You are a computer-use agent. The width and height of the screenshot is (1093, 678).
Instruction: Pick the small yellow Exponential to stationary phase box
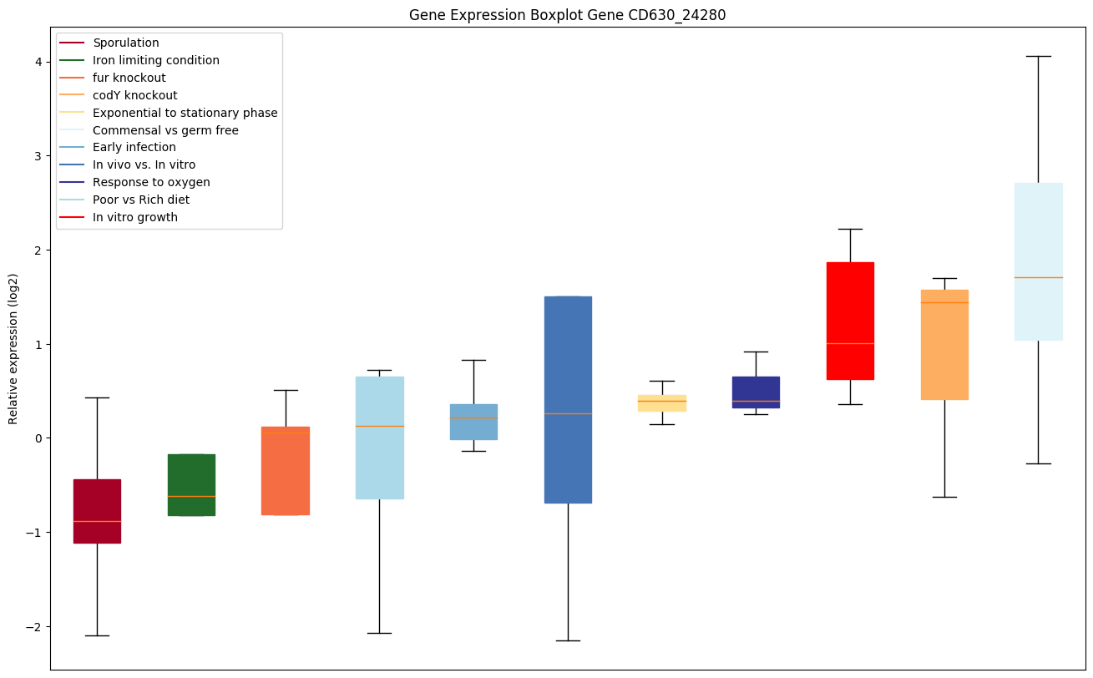click(662, 402)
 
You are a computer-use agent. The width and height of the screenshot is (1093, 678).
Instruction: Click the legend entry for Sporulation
click(126, 43)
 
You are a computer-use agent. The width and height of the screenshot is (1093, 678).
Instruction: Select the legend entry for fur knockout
click(129, 78)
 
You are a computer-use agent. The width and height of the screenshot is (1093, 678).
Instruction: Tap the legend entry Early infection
click(134, 148)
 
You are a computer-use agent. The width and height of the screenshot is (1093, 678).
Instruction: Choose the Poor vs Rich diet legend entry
click(141, 200)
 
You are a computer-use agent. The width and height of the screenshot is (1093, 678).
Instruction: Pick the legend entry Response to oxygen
click(151, 182)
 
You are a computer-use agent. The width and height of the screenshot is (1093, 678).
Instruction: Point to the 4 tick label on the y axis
click(38, 62)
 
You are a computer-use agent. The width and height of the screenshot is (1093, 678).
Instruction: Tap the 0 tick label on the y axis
click(38, 438)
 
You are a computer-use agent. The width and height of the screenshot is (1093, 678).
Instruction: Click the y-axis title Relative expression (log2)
click(13, 348)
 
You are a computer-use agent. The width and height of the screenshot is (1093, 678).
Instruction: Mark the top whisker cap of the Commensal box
click(1038, 56)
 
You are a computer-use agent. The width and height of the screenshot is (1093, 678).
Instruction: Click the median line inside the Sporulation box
click(97, 521)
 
